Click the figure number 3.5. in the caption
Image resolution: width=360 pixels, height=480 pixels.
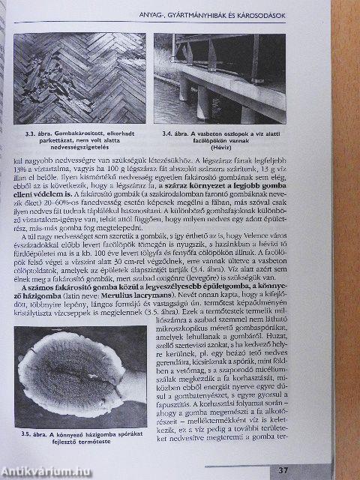coord(32,433)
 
